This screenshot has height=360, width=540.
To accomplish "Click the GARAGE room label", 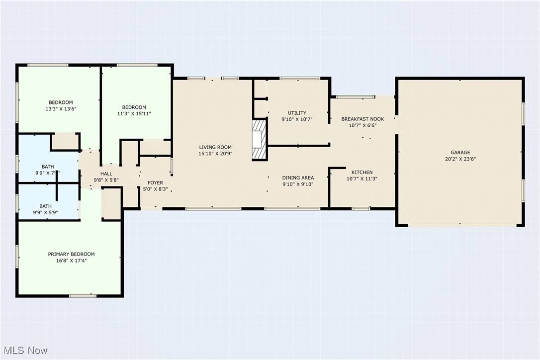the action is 460,152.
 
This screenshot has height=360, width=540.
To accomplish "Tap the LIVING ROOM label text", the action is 215,147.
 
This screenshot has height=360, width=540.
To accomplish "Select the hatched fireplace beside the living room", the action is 260,140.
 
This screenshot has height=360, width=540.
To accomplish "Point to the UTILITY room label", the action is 297,113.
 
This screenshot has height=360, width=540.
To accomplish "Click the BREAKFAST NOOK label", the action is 362,119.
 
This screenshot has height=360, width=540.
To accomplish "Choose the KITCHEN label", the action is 362,172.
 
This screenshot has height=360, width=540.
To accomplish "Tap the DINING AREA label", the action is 298,178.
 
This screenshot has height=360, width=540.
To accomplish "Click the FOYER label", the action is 155,182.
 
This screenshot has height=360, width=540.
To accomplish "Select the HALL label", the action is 106,174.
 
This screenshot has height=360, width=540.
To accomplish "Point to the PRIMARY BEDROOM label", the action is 71,254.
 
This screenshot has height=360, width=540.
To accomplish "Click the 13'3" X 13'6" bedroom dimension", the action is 61,109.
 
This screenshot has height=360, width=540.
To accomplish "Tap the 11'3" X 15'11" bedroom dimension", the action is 134,114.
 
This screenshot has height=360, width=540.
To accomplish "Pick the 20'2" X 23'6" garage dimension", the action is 460,159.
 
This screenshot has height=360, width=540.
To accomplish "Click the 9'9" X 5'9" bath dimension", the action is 45,212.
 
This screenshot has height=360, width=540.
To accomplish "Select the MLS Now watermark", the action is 25,351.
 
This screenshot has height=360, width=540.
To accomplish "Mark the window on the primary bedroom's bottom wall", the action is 83,295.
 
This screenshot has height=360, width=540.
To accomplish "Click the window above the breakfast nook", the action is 355,97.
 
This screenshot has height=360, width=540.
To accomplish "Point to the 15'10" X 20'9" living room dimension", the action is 215,154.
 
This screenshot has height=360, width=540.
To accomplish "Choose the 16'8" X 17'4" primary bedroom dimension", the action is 71,261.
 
